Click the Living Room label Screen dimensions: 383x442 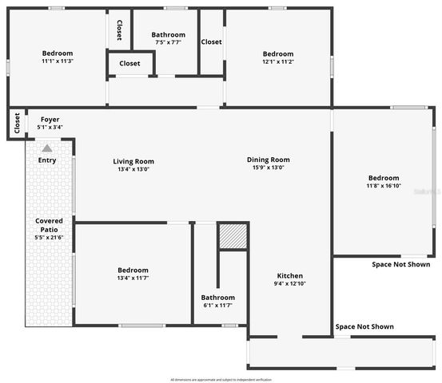[133, 161]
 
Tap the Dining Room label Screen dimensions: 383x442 [268, 160]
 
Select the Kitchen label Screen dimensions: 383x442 [289, 275]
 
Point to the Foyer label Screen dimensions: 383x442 [50, 120]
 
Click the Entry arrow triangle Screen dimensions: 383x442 [47, 148]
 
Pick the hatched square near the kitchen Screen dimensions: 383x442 [233, 237]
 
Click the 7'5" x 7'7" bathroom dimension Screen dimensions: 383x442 [169, 43]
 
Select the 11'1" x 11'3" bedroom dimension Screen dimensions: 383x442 [58, 61]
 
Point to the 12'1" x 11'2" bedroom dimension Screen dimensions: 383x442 [278, 61]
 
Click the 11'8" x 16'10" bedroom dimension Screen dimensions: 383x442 [384, 186]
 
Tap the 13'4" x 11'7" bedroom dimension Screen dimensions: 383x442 [133, 278]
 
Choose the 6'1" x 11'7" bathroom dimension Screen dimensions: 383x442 [217, 306]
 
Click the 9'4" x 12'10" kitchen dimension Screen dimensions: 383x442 [289, 283]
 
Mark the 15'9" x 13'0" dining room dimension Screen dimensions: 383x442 [268, 168]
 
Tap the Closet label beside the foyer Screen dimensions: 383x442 [17, 124]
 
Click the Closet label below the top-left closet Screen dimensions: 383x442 [129, 64]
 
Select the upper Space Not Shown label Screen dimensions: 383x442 [401, 265]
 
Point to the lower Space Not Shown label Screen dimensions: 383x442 [364, 326]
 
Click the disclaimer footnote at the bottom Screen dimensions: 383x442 [221, 379]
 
